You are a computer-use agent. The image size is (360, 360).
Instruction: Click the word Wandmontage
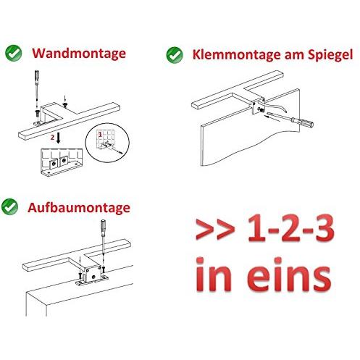[x=79, y=54]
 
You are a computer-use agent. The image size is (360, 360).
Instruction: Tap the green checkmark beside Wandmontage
[x=14, y=53]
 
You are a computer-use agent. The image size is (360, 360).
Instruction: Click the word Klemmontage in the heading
[x=237, y=55]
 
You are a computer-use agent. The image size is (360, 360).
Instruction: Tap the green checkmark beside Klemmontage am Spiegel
[x=175, y=55]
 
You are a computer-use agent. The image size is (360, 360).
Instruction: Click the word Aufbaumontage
[x=79, y=208]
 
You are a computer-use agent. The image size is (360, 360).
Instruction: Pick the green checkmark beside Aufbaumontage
[x=9, y=206]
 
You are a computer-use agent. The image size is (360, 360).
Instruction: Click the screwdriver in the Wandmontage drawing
[x=37, y=85]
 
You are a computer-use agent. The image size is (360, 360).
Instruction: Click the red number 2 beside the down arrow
[x=52, y=138]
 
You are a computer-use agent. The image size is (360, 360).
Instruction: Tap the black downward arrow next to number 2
[x=58, y=138]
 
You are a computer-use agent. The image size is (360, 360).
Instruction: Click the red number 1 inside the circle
[x=100, y=135]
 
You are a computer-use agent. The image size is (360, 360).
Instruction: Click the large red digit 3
[x=319, y=227]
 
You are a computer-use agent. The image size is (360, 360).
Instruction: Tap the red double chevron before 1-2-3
[x=215, y=229]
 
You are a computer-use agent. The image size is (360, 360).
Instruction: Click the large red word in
[x=214, y=275]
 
